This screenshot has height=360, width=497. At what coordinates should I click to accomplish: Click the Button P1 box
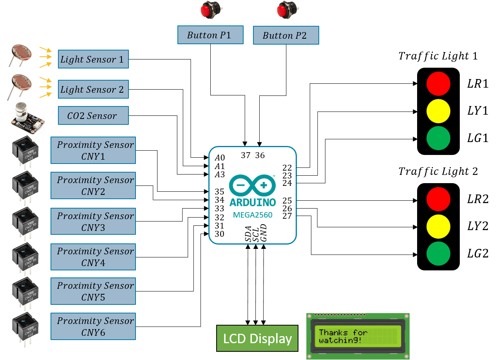(x=210, y=35)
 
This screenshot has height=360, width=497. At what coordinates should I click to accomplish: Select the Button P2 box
(x=286, y=36)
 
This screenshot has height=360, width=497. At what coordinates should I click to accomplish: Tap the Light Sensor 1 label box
(x=93, y=59)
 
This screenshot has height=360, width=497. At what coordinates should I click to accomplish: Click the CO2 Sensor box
(x=93, y=116)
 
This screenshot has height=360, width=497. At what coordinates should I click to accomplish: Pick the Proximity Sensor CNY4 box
(x=93, y=257)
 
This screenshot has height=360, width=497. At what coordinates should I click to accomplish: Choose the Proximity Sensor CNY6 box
(x=93, y=326)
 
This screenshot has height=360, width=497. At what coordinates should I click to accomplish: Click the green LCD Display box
(x=257, y=338)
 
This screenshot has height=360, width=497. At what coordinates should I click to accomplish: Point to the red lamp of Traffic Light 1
(x=438, y=84)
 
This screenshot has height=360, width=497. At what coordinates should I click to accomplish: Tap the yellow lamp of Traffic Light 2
(x=438, y=226)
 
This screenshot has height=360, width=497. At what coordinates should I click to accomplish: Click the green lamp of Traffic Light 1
(x=438, y=138)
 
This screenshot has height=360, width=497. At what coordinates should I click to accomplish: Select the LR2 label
(x=478, y=199)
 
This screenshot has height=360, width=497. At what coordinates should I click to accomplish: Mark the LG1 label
(x=478, y=138)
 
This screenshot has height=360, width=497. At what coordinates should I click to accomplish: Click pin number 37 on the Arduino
(x=246, y=155)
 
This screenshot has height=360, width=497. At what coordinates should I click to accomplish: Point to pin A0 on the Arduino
(x=220, y=158)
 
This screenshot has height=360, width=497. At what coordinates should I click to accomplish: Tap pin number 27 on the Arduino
(x=287, y=216)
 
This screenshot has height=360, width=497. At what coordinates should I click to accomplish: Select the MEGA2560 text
(x=253, y=215)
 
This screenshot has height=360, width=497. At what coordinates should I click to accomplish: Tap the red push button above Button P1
(x=210, y=10)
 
